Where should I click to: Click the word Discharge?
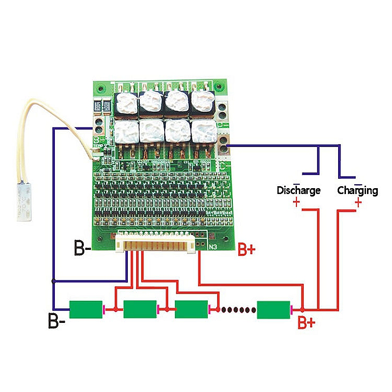(x=298, y=190)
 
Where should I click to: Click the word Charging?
(x=357, y=190)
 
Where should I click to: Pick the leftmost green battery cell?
(x=86, y=309)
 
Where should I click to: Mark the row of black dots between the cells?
(x=237, y=309)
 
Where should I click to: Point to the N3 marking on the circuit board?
(x=213, y=247)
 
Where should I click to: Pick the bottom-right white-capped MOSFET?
(x=201, y=131)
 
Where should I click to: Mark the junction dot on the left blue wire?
(x=53, y=281)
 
